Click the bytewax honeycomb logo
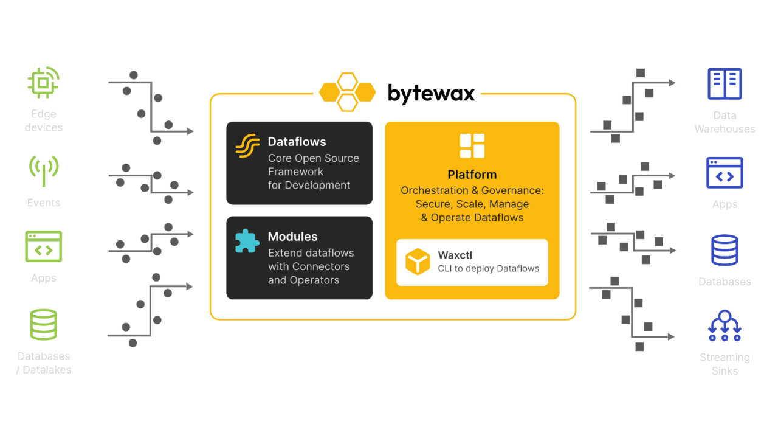pos(348,92)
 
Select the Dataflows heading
pos(297,142)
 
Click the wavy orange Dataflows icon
pos(247,147)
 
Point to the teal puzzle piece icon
pos(247,241)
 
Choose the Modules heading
pos(292,237)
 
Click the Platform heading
pos(472,175)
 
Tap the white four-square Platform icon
pos(472,146)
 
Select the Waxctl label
pos(455,255)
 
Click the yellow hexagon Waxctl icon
pos(418,262)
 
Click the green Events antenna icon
pos(44,170)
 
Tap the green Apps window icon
pos(44,246)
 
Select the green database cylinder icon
pos(44,324)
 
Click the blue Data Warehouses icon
pos(725,84)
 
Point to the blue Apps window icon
pos(725,173)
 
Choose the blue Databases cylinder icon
pos(725,251)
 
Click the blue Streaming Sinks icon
pos(725,326)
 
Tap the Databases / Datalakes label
pos(44,363)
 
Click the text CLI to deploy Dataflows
pos(488,268)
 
